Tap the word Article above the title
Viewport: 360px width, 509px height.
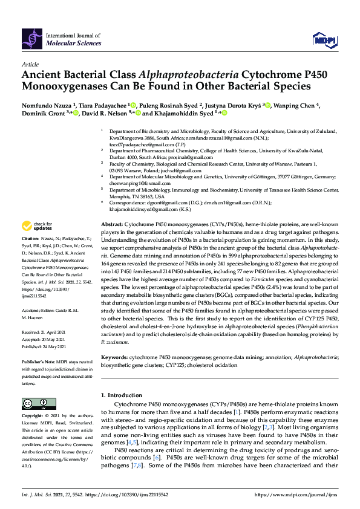coord(30,63)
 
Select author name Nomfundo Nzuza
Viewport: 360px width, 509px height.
coord(46,105)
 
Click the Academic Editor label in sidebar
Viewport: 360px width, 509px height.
coord(39,310)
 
